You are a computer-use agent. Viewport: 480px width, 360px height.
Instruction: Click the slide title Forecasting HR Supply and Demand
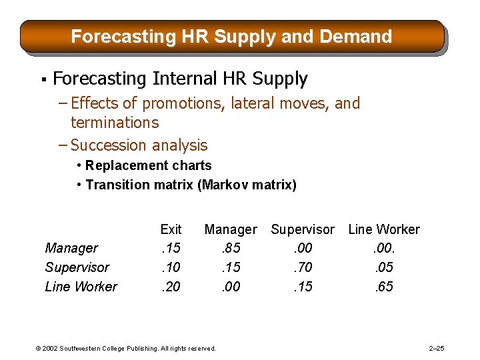231,36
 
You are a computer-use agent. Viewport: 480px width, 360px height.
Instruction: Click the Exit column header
171,229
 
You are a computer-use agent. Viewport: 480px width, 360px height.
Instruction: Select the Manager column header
231,229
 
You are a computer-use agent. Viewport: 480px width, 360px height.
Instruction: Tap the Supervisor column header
303,229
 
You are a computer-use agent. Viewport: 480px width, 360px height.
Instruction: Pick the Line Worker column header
384,229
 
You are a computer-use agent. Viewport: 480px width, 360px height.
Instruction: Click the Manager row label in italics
71,248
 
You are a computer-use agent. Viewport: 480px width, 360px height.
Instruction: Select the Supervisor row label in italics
77,267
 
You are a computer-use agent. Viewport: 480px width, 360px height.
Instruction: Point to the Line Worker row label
81,287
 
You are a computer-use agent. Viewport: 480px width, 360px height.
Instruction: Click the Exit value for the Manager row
171,248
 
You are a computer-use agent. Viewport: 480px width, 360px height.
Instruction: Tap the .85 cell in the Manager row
231,248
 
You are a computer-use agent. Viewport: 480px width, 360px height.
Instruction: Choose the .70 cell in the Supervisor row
303,267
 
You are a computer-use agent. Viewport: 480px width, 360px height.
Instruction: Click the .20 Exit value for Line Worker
171,287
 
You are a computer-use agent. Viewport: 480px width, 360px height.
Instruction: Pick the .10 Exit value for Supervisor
171,267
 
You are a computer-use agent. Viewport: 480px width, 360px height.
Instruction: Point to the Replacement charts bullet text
148,165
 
